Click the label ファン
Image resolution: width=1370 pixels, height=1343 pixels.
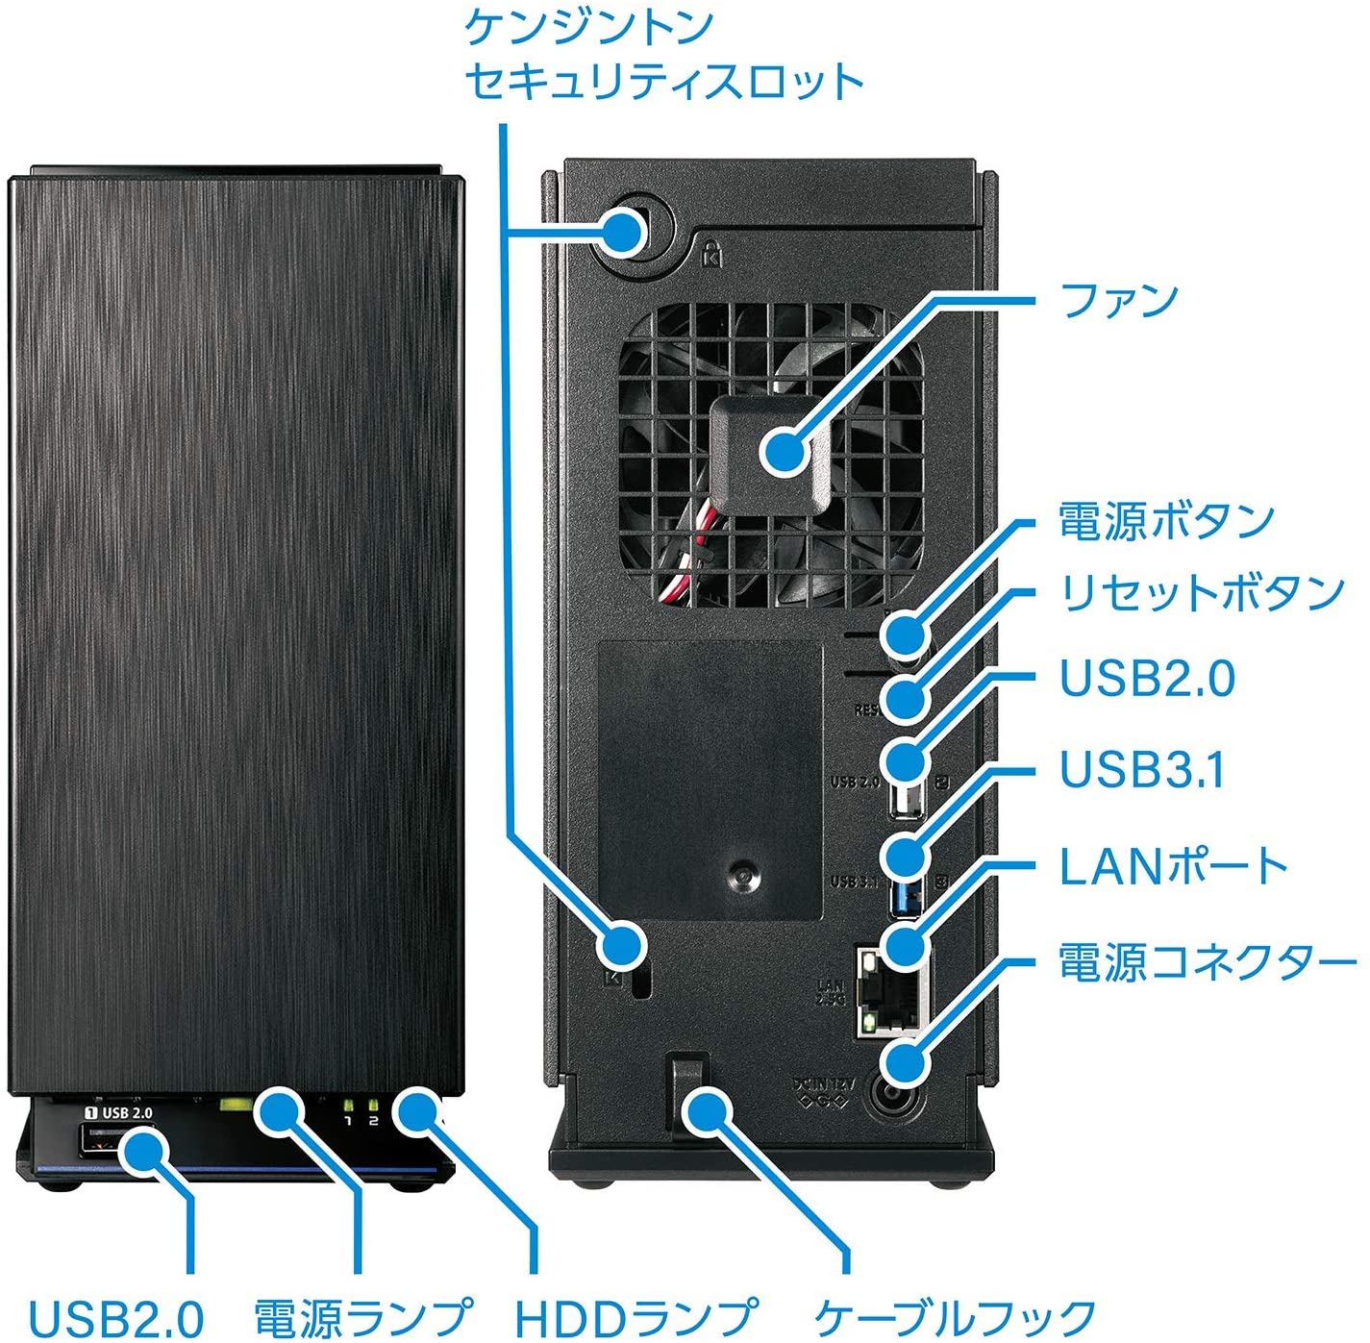pyautogui.click(x=1118, y=300)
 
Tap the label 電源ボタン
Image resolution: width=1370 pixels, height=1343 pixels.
pyautogui.click(x=1165, y=521)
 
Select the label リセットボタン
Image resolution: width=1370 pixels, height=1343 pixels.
pyautogui.click(x=1201, y=592)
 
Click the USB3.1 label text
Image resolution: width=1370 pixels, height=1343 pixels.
pyautogui.click(x=1142, y=769)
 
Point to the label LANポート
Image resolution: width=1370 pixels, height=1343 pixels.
pyautogui.click(x=1173, y=866)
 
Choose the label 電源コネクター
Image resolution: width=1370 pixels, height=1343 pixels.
pyautogui.click(x=1208, y=962)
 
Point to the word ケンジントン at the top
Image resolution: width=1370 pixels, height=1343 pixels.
pyautogui.click(x=588, y=26)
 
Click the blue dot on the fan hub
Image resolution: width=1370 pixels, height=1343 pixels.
pyautogui.click(x=785, y=450)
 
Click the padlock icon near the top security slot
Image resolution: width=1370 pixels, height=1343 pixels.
pyautogui.click(x=710, y=255)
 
